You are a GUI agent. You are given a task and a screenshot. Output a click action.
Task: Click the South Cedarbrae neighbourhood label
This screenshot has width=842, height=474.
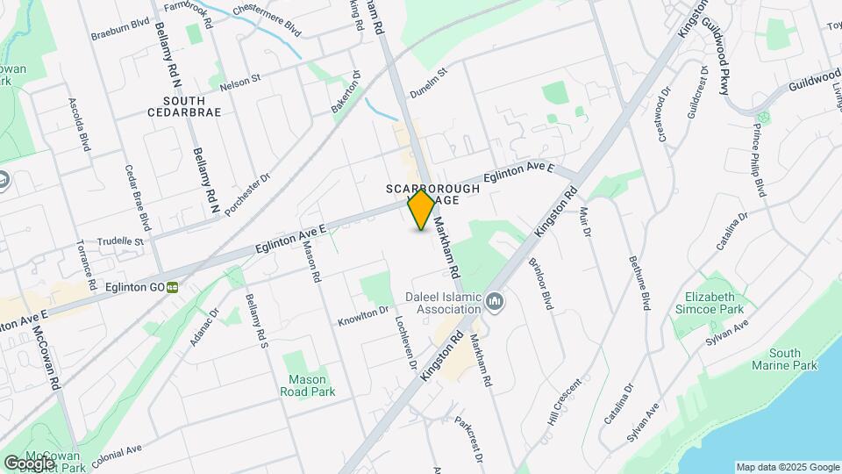click(x=184, y=106)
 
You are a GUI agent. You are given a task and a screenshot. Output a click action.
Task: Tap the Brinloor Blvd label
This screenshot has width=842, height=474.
click(x=541, y=283)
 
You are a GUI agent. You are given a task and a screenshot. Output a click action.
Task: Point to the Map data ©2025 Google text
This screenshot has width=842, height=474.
click(x=787, y=467)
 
